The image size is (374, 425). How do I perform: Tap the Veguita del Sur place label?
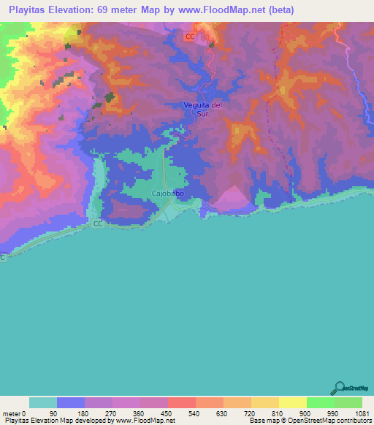point(202,110)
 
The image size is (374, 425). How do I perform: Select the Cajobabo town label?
point(167,194)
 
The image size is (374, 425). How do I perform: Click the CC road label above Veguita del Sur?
point(190,37)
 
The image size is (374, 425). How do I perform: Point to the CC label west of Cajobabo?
point(97,224)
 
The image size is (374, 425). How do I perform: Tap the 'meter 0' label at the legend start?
point(15,413)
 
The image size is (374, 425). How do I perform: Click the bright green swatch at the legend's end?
point(348,402)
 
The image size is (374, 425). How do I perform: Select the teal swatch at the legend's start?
point(43,402)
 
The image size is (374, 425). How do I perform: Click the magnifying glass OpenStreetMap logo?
point(339,389)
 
